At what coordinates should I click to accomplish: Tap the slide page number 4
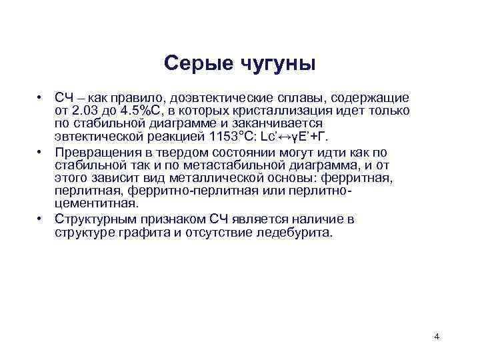point(436,336)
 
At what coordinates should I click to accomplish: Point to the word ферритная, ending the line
point(363,179)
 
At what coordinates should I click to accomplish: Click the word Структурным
point(97,219)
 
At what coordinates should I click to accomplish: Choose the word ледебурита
point(297,233)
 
